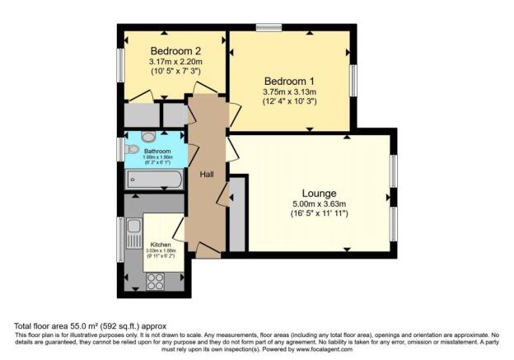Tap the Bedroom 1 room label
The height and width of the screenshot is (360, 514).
coord(290,80)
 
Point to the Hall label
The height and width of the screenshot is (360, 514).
coord(207,175)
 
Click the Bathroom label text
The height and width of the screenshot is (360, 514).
coord(157,152)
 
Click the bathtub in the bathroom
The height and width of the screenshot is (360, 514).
coord(154,180)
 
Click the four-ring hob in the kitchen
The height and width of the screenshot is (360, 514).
coord(156,280)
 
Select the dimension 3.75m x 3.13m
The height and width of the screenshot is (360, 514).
coord(290,91)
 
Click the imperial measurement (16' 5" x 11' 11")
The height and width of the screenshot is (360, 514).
coord(306,215)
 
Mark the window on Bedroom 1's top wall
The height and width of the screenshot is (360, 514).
coord(269,29)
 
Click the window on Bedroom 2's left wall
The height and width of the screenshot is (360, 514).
coord(120,65)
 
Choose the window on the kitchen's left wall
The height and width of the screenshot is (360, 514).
coord(121,239)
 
